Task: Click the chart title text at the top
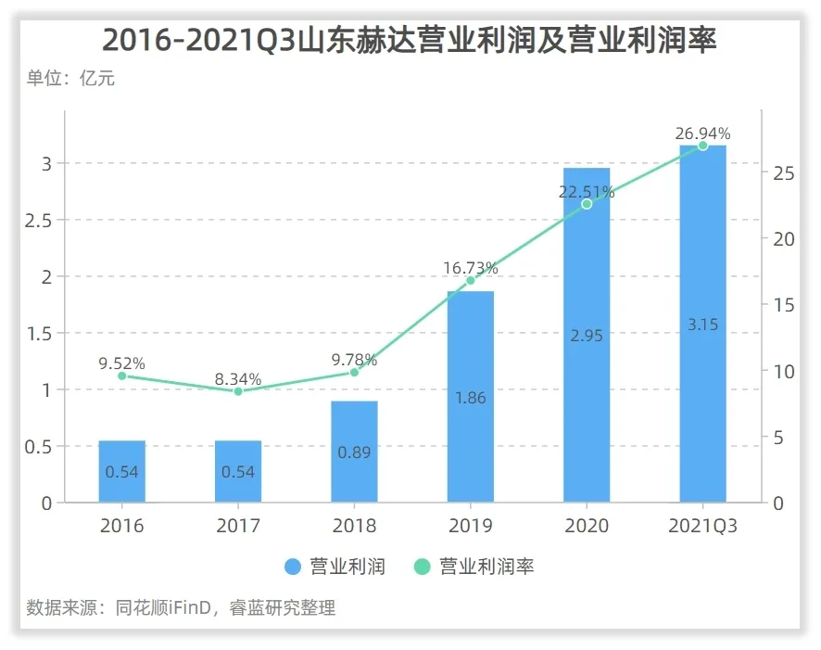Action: tap(410, 40)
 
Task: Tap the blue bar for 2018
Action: tap(354, 452)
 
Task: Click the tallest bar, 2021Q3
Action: tap(702, 324)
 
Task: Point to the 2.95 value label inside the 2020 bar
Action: tap(587, 336)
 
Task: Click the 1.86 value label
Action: tap(471, 398)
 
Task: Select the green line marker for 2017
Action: tap(238, 391)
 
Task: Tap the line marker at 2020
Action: tap(587, 204)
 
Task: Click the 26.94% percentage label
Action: tap(702, 134)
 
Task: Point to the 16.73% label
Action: tap(471, 268)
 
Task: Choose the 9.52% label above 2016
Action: tap(122, 363)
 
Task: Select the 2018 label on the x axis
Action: tap(354, 527)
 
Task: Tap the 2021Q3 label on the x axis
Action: tap(702, 527)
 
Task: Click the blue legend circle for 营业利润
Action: tap(294, 567)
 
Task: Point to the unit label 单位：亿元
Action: tap(70, 79)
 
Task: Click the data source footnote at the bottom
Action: tap(181, 608)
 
